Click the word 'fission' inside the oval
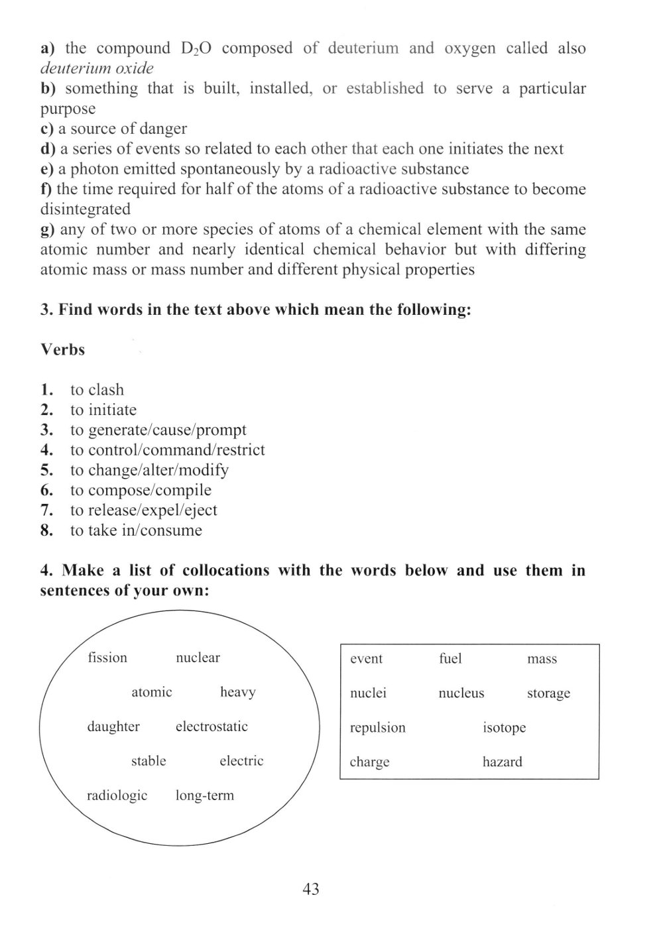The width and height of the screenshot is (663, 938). click(x=107, y=658)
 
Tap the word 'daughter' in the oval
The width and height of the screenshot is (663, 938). click(x=113, y=727)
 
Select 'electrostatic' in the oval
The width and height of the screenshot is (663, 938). click(x=211, y=727)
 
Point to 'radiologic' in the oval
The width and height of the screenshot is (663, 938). click(x=117, y=795)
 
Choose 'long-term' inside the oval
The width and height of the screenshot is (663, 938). click(x=204, y=795)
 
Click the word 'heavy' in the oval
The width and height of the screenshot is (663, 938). click(x=237, y=692)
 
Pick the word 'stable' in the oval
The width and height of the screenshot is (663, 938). click(x=149, y=761)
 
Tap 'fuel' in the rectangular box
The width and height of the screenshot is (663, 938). click(x=450, y=659)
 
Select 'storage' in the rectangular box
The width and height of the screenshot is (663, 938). click(x=548, y=693)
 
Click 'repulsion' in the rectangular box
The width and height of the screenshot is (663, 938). click(x=377, y=728)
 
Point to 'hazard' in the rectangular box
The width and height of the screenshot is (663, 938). click(x=502, y=762)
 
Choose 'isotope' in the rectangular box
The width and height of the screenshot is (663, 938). click(x=504, y=728)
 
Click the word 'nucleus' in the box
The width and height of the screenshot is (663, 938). click(x=461, y=693)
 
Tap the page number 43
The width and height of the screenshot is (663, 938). click(x=310, y=889)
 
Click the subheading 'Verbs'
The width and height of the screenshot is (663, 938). click(x=63, y=349)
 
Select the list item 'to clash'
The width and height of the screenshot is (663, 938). click(x=97, y=390)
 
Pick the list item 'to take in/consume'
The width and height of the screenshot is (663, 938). click(x=136, y=530)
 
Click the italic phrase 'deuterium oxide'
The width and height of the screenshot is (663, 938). click(x=97, y=68)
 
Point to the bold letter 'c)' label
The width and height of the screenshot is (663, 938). click(x=47, y=129)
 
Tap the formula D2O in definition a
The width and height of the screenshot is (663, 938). click(x=196, y=48)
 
